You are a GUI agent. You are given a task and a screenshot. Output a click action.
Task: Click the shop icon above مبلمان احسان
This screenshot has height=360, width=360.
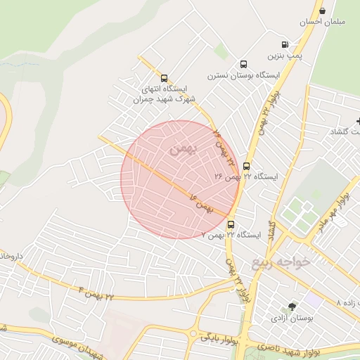coord(322,11)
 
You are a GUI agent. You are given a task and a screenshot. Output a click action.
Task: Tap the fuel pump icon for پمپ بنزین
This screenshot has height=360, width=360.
coord(285,44)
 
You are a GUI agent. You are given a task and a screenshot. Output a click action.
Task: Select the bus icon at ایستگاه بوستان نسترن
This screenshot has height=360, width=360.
coord(243,64)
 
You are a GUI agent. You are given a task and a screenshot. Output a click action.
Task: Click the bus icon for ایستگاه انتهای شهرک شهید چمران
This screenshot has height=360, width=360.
coord(164,79)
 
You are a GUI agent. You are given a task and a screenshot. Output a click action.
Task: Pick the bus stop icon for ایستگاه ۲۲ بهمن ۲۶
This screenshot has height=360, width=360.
coord(246,166)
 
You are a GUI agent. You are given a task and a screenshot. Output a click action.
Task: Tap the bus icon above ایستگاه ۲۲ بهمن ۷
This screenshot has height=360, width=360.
coord(231,225)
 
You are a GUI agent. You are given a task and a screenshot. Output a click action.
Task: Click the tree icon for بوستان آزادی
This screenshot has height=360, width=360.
coord(292,307)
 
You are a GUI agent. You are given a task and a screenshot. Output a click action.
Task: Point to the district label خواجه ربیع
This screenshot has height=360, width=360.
coord(281,262)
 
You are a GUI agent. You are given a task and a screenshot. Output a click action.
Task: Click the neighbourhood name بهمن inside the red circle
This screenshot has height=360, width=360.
coord(180,148)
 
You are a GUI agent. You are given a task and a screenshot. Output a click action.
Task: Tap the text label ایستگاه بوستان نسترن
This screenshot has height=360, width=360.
coord(243,75)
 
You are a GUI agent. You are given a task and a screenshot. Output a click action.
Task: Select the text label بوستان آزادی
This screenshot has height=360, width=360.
coord(292,318)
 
